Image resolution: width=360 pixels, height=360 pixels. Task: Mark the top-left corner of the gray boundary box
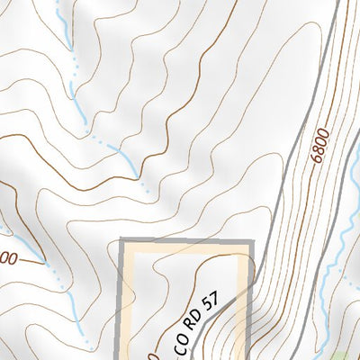click(x=122, y=241)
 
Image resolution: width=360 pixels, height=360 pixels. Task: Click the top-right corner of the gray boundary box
click(x=252, y=241)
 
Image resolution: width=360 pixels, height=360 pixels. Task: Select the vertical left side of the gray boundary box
click(x=122, y=297)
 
